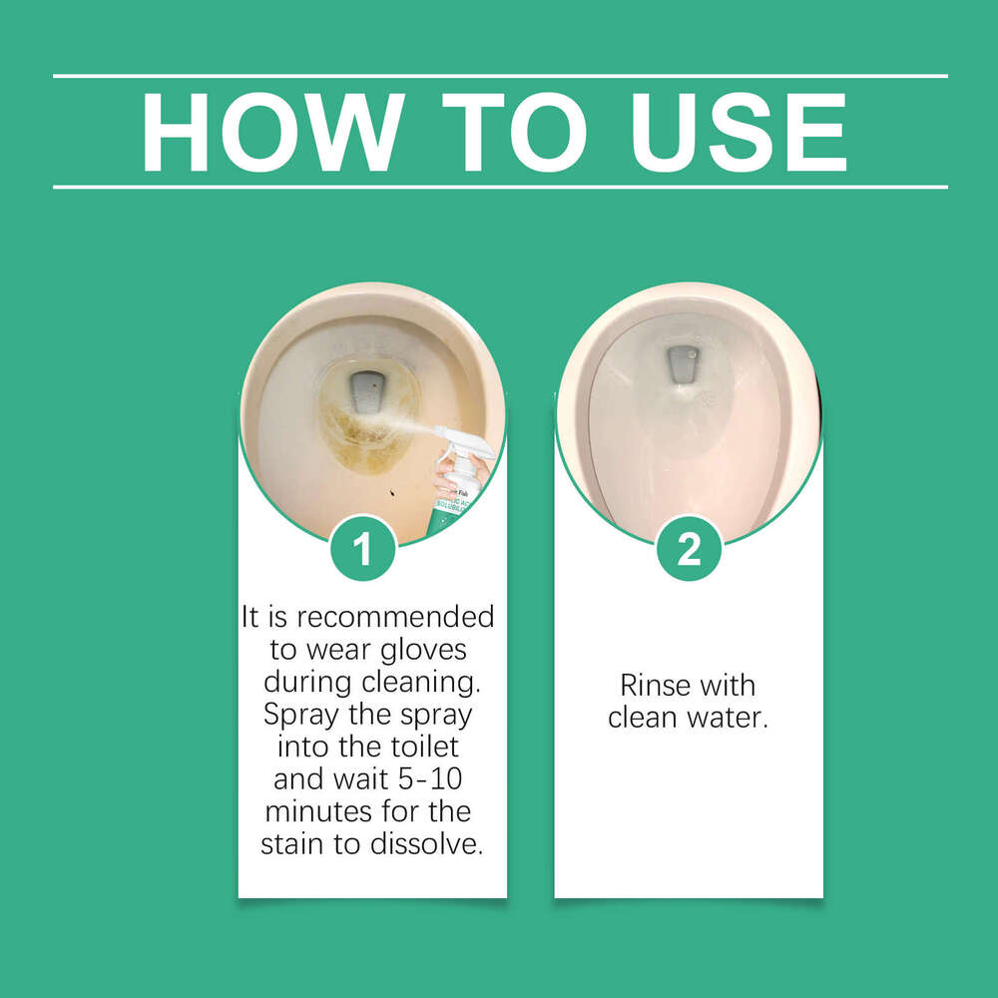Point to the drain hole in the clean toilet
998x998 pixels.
683,363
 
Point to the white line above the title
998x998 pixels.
499,76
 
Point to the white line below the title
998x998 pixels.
499,187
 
